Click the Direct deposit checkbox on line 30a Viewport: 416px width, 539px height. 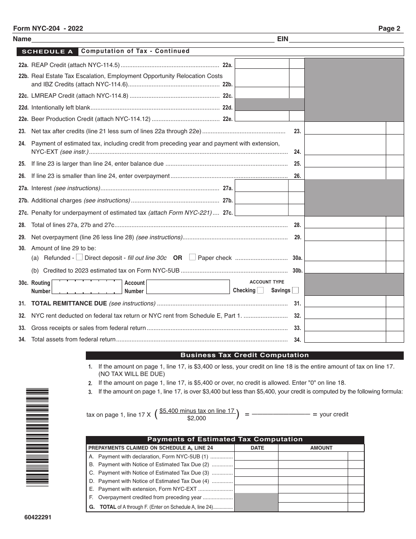coord(79,257)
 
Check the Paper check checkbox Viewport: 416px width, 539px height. coord(192,257)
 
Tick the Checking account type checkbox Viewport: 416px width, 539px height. coord(260,290)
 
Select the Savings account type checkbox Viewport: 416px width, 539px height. coord(295,290)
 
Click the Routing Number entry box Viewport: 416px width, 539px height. coord(87,287)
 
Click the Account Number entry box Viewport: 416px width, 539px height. coord(188,287)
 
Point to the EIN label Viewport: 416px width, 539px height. coord(282,39)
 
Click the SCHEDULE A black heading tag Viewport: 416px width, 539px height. coord(47,51)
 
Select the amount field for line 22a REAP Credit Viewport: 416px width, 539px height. coord(262,64)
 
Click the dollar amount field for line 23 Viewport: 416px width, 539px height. coord(345,128)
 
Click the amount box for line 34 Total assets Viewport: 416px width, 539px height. coord(345,337)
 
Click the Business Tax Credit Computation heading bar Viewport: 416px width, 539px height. coord(244,355)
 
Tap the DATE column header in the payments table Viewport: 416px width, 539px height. coord(257,448)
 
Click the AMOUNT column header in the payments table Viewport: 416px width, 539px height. coord(321,448)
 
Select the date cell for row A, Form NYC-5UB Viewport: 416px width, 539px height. coord(256,456)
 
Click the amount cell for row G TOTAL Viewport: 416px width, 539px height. coord(313,507)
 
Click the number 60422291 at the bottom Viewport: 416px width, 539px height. coord(38,517)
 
